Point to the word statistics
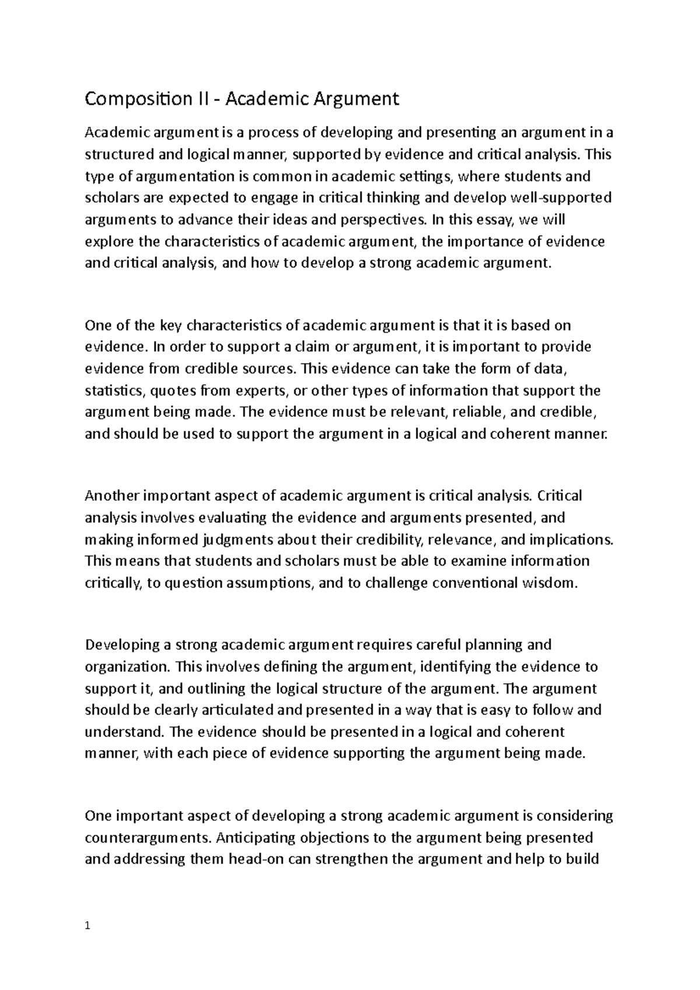pyautogui.click(x=110, y=390)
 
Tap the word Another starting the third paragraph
pyautogui.click(x=112, y=496)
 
